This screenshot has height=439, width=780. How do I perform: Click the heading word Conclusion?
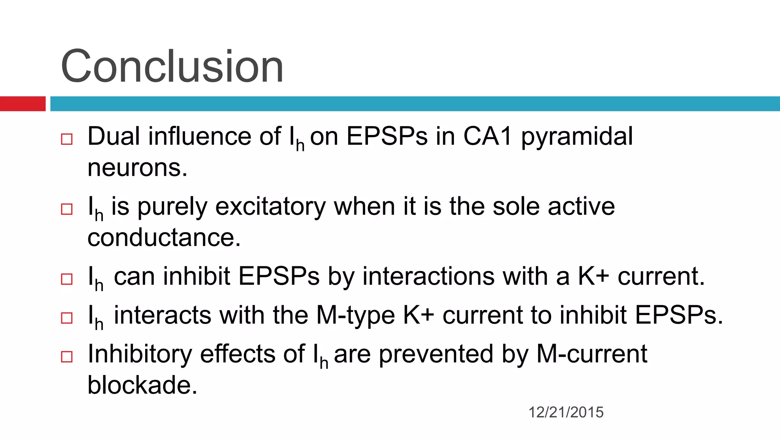point(172,67)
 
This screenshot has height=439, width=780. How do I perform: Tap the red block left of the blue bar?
point(22,104)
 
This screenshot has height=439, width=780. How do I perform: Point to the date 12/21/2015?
point(566,412)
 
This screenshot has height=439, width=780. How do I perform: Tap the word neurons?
point(137,168)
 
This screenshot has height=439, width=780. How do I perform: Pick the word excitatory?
point(270,207)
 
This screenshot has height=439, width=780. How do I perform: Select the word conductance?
point(164,238)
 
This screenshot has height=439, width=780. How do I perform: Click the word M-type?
point(356,316)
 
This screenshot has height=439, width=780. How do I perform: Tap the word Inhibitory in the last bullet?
point(139,354)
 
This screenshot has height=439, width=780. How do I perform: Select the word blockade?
point(142,385)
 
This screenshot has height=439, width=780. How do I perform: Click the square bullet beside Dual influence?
point(67,139)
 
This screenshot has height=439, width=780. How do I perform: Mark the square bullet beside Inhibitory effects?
point(67,357)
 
